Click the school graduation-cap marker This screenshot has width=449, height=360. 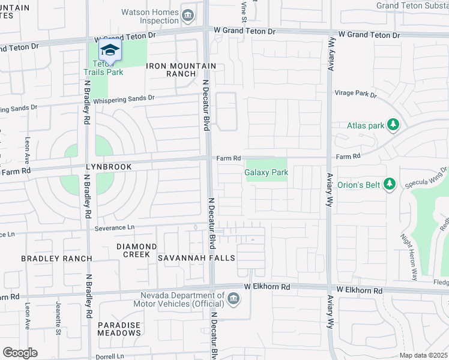point(110,50)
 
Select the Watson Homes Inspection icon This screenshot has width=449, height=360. point(188,15)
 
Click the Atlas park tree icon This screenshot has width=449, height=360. point(393,125)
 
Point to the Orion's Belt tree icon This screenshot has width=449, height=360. point(390,184)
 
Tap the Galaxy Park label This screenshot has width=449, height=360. point(267,172)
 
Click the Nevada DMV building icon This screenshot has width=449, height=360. point(233,298)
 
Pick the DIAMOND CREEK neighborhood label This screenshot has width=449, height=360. point(137,250)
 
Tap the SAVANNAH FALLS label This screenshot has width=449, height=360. point(196,258)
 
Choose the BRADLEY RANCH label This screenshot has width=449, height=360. point(56,259)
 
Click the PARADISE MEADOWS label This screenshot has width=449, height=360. point(119,329)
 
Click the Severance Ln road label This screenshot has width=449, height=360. point(115,228)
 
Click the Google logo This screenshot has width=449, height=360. point(20,352)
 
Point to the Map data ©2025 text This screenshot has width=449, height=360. point(423,355)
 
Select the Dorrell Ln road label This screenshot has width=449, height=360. point(109,356)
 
